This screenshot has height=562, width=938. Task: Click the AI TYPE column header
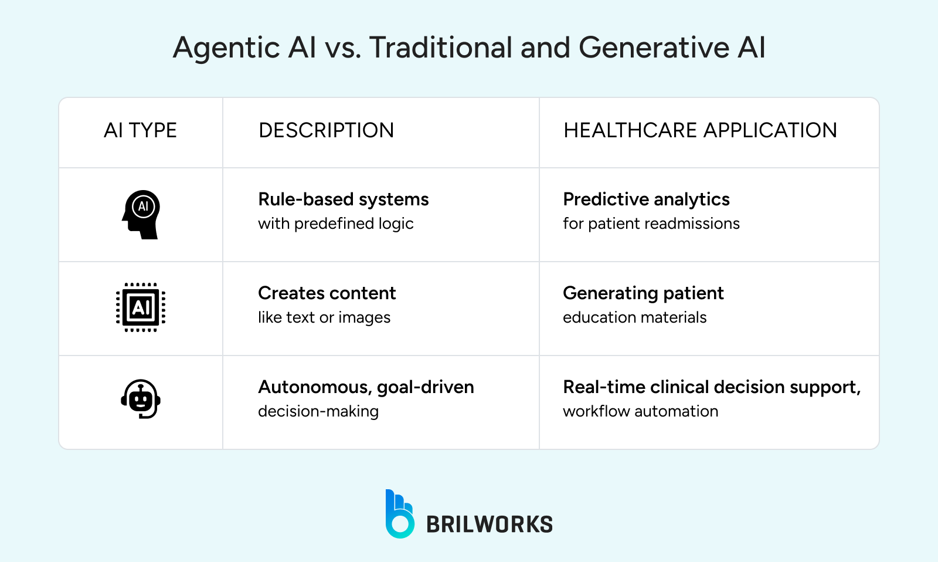point(140,130)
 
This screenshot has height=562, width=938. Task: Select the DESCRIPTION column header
point(326,130)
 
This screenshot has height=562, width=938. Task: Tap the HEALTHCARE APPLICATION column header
point(700,130)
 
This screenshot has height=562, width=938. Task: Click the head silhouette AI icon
point(141,214)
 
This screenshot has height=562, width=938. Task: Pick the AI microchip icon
point(141,307)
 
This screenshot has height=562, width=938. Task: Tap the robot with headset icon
point(141,399)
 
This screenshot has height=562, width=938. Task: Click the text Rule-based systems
point(344,199)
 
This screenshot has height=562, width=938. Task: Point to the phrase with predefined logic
point(335,224)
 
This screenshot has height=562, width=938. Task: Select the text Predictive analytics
point(646,199)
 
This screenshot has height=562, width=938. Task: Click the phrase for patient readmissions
point(651,224)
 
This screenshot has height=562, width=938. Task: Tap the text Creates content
point(327,293)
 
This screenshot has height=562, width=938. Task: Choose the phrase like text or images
point(324,317)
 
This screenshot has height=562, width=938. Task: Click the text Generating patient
point(643,293)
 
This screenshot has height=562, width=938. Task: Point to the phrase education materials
point(634,317)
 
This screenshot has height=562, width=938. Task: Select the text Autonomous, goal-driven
point(366,387)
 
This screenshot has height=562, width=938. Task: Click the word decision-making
point(318,411)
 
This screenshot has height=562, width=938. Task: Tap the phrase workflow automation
point(640,411)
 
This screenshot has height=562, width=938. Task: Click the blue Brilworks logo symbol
point(399,514)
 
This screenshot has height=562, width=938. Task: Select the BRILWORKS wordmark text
point(490,524)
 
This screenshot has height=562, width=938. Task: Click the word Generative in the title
point(653,48)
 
